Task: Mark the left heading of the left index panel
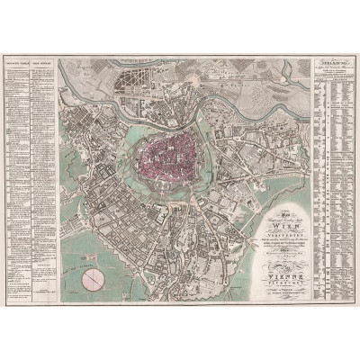click(x=18, y=67)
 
